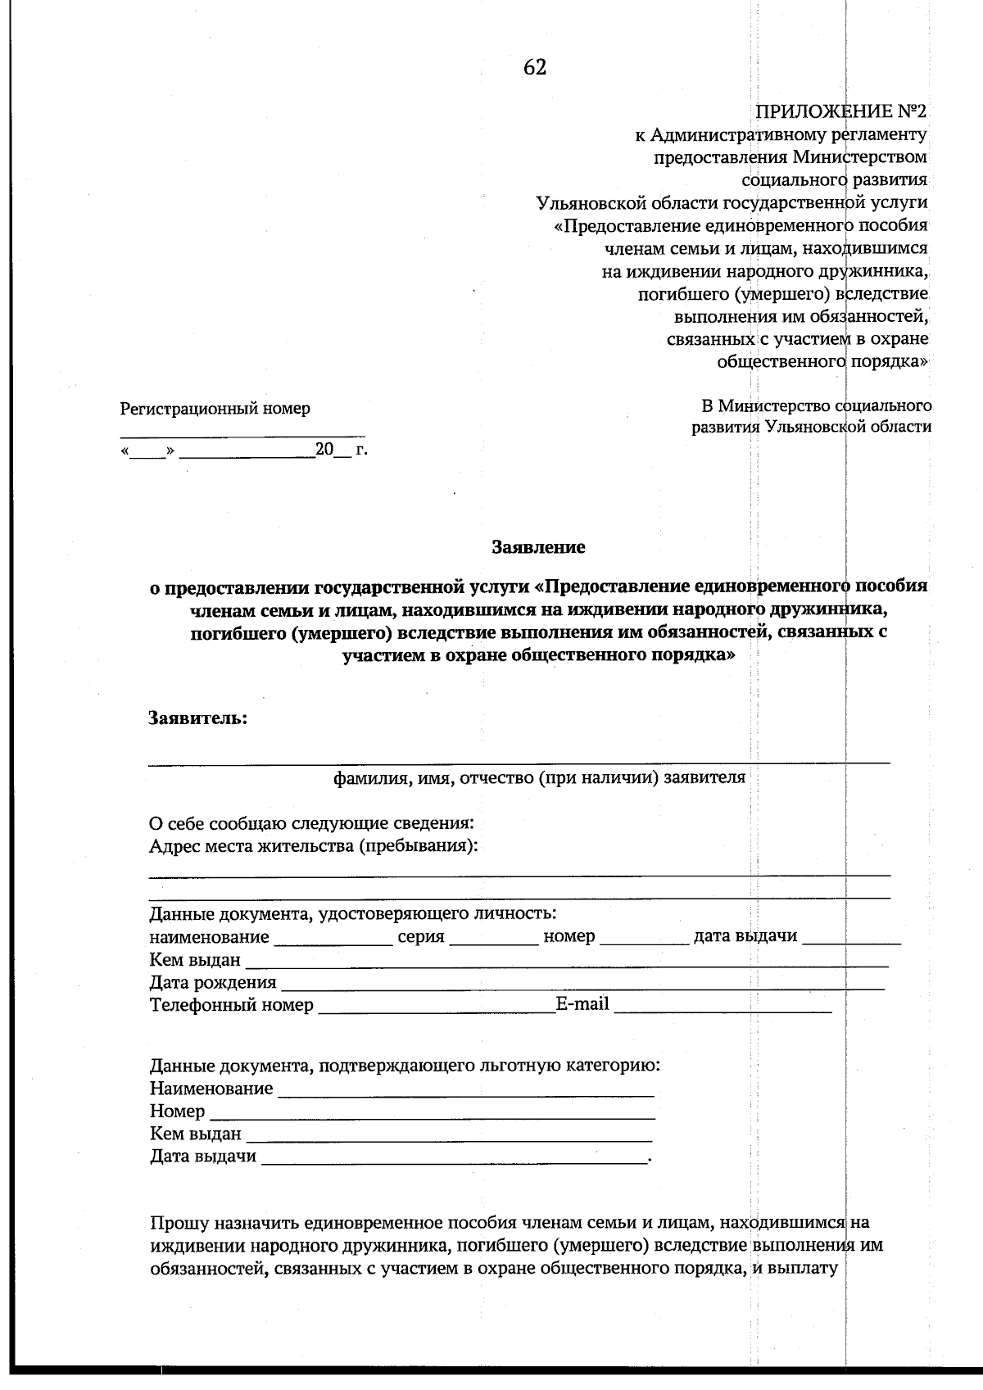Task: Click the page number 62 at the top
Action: click(535, 68)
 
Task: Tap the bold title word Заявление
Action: click(538, 546)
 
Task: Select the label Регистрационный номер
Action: click(215, 408)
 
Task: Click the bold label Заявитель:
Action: click(197, 718)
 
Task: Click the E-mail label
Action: click(582, 1003)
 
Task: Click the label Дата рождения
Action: click(213, 981)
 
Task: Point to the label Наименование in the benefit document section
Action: click(211, 1089)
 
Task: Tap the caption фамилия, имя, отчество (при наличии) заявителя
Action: click(539, 777)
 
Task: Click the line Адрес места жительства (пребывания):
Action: click(314, 845)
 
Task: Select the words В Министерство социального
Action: click(816, 405)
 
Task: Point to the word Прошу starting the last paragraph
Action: click(179, 1224)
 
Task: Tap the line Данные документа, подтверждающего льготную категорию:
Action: click(405, 1066)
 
